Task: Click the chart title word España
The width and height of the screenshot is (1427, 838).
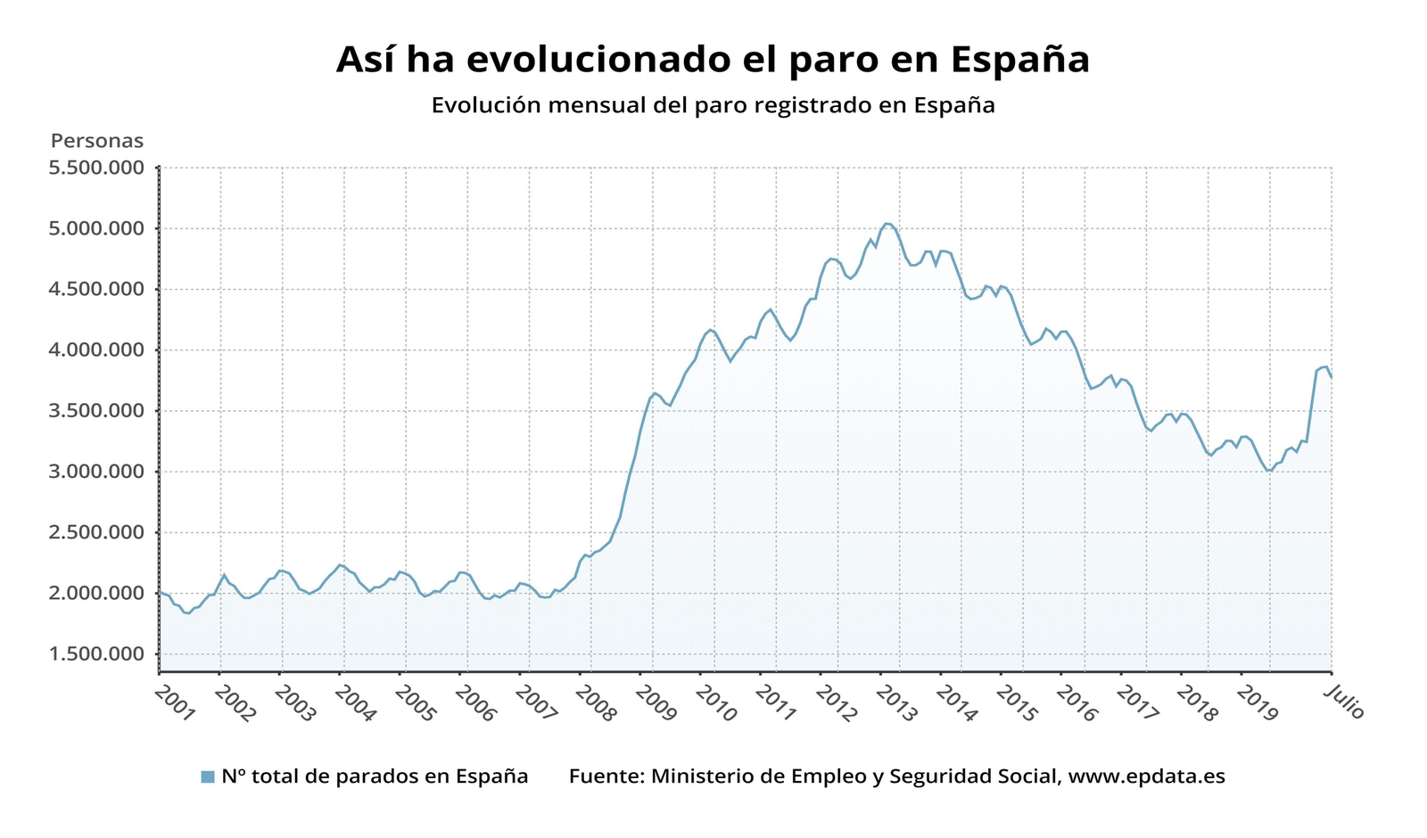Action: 1019,61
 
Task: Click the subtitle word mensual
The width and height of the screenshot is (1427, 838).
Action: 598,105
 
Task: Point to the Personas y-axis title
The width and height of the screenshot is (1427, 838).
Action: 97,141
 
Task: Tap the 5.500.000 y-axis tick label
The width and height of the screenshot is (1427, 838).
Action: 97,168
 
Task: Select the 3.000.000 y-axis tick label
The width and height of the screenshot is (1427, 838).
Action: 97,472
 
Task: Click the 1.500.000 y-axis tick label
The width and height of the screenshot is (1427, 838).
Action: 97,654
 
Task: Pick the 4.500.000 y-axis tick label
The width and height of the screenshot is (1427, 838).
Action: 97,289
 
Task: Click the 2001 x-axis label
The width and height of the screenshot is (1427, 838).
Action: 174,704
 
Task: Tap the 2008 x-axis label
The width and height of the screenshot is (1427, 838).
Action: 595,704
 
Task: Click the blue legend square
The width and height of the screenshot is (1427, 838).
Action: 208,776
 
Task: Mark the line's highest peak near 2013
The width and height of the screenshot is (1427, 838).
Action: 887,224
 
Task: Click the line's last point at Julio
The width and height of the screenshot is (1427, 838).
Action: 1332,376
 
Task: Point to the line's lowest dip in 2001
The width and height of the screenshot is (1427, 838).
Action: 187,613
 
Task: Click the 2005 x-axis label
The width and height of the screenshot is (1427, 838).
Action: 415,704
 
